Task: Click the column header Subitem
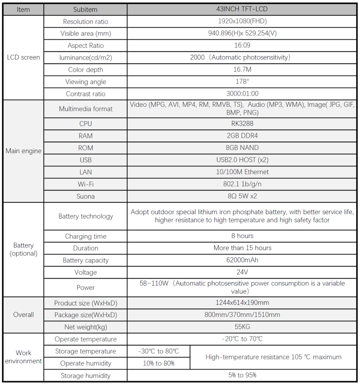pos(85,9)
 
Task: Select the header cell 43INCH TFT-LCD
pos(242,9)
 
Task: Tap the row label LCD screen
pos(23,57)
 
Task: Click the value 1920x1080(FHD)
pos(242,21)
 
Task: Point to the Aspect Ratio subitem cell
pos(85,45)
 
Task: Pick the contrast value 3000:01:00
pos(242,94)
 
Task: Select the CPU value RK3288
pos(242,124)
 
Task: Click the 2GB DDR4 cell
pos(242,136)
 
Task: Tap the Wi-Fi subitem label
pos(85,184)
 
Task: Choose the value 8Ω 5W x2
pos(242,196)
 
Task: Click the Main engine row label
pos(23,151)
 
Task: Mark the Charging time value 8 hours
pos(242,236)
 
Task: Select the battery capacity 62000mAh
pos(242,260)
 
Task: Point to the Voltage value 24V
pos(242,272)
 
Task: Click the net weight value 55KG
pos(242,327)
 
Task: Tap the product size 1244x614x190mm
pos(242,303)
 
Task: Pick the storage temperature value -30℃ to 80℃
pos(158,351)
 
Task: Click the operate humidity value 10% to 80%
pos(158,363)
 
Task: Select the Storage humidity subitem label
pos(85,375)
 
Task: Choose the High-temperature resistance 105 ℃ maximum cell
pos(273,357)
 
